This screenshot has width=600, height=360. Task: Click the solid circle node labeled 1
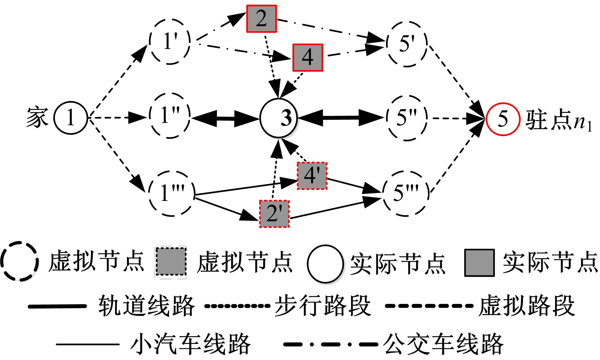coord(71,118)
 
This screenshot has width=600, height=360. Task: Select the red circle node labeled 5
coord(503,119)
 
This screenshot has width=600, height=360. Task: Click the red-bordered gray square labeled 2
coord(262,19)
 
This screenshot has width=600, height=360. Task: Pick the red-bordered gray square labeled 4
coord(307,58)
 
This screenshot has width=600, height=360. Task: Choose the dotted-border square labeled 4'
coord(312,176)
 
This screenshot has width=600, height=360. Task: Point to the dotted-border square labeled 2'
coord(274,214)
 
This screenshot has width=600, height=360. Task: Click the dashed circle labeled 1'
coord(170,42)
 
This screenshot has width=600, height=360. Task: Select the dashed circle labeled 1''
coord(170,116)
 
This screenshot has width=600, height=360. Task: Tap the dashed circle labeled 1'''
coord(171,193)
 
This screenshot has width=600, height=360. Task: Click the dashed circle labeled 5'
coord(407,44)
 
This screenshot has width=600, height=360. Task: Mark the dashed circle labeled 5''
coord(407,118)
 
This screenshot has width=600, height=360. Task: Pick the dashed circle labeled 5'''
coord(406,193)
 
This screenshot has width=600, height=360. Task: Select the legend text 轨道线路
coord(146,306)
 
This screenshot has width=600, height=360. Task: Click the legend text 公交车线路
coord(443,344)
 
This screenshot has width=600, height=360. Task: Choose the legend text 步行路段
coord(322,306)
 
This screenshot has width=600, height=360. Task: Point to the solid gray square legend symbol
coord(479,263)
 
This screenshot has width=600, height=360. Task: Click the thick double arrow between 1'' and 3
coord(225,119)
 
